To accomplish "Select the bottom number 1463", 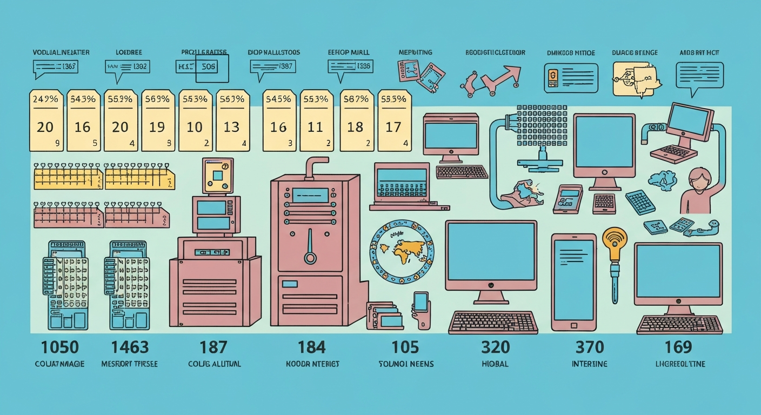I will pyautogui.click(x=129, y=347).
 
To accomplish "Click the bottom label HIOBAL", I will pyautogui.click(x=494, y=364).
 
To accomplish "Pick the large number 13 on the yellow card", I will pyautogui.click(x=231, y=127).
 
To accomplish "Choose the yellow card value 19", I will pyautogui.click(x=157, y=127).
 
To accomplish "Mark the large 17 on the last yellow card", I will pyautogui.click(x=393, y=127).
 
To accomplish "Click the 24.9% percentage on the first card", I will pyautogui.click(x=45, y=99).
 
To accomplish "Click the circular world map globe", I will pyautogui.click(x=402, y=251).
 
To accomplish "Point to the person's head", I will pyautogui.click(x=698, y=179).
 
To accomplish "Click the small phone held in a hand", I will pyautogui.click(x=420, y=302).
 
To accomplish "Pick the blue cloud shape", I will pyautogui.click(x=664, y=179).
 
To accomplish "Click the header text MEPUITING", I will pyautogui.click(x=415, y=52).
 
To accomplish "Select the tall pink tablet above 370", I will pyautogui.click(x=573, y=282).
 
